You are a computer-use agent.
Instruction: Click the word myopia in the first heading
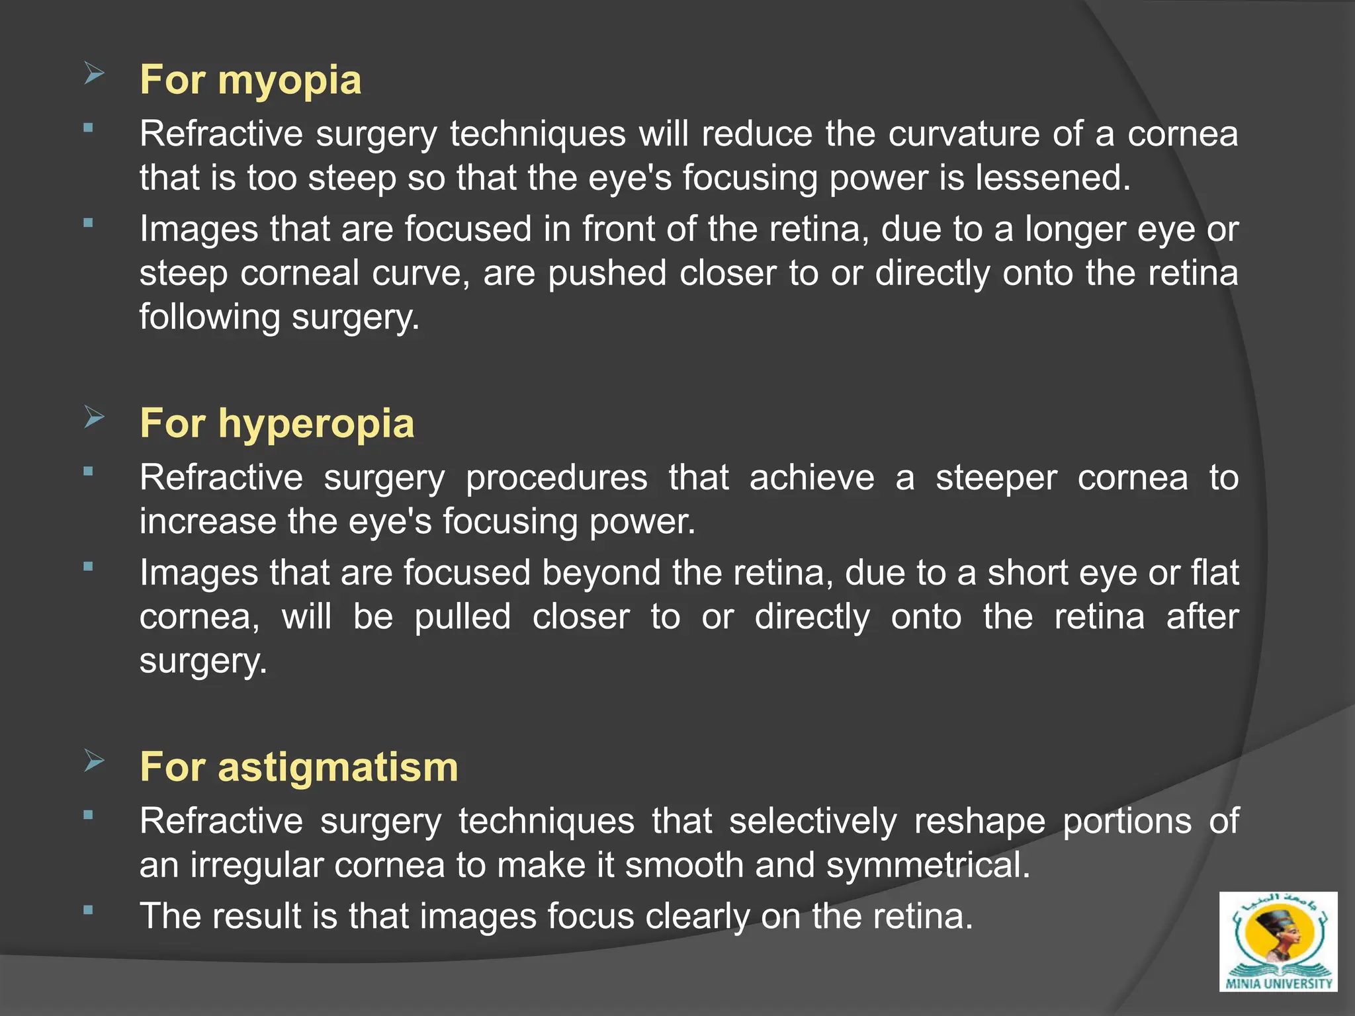[289, 81]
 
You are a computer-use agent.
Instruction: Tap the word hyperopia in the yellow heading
[316, 423]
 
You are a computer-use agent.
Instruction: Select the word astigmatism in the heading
[337, 767]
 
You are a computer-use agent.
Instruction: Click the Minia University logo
[1278, 941]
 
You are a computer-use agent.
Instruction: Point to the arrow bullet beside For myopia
[95, 73]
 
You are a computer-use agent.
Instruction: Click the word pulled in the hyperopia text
[462, 616]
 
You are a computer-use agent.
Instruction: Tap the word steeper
[996, 478]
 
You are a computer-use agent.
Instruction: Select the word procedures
[556, 478]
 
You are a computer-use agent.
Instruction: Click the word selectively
[812, 822]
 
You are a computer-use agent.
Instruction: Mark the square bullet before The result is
[88, 910]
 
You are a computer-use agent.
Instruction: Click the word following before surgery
[210, 317]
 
